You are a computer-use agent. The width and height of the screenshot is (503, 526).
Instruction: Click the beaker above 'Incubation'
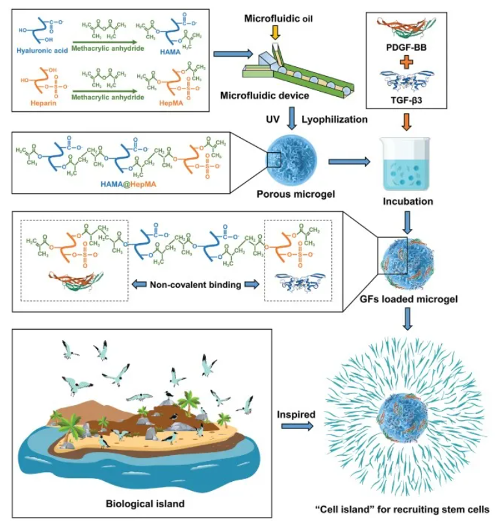(407, 164)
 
